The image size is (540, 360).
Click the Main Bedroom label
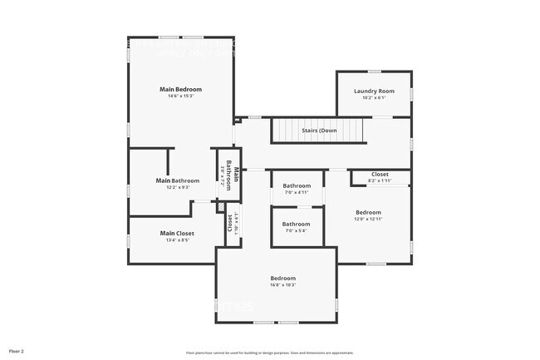(x=180, y=89)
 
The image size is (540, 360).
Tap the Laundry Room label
(x=374, y=91)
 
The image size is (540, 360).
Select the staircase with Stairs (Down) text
(x=319, y=131)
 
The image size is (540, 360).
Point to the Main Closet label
(x=177, y=234)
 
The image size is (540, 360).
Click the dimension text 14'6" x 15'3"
(x=180, y=96)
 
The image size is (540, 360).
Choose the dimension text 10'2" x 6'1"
(x=374, y=98)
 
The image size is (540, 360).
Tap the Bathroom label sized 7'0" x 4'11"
(x=296, y=185)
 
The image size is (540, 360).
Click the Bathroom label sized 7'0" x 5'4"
(x=296, y=224)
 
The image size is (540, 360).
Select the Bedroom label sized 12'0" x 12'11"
(x=368, y=212)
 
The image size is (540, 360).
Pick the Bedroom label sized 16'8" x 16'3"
(x=282, y=278)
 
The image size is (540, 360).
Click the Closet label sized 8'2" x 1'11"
(x=380, y=174)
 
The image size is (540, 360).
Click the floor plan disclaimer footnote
(x=270, y=353)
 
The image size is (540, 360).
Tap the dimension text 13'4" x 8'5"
(x=177, y=241)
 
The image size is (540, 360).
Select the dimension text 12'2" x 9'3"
(x=178, y=188)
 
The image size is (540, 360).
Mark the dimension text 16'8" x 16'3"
(x=282, y=285)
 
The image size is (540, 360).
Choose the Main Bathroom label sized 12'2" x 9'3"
(x=178, y=180)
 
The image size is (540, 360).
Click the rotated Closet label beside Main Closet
(x=230, y=223)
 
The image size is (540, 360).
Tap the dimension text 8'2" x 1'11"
(x=380, y=180)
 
